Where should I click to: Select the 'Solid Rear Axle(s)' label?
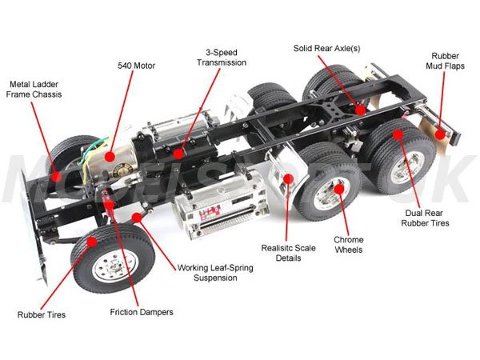pos(326,49)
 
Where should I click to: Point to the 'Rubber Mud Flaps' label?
pos(445,62)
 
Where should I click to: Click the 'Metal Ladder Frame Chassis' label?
pos(35,89)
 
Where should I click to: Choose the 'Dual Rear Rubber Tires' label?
pos(425,218)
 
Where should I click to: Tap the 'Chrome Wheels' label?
pos(348,244)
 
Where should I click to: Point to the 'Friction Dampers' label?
pos(141,311)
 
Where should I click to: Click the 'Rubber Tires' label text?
pos(42,314)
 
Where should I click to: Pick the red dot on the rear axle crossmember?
pos(360,109)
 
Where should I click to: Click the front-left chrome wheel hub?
pos(107,268)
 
